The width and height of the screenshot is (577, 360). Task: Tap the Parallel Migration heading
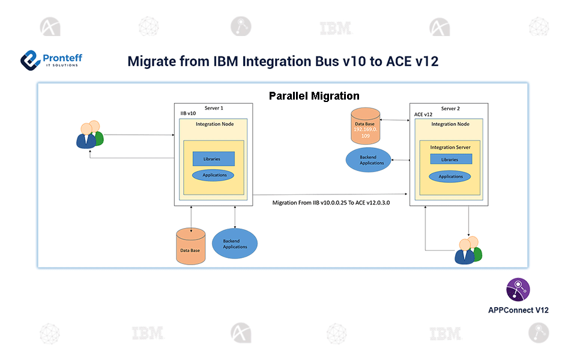tap(314, 96)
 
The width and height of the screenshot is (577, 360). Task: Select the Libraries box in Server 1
tap(213, 159)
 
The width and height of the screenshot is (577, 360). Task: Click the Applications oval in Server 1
tap(213, 175)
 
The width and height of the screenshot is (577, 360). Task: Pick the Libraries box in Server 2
tap(450, 160)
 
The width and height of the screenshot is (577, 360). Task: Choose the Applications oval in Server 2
tap(450, 176)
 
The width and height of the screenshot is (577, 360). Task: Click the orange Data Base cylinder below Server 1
tap(190, 246)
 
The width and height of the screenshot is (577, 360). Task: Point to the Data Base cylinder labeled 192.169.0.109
tap(365, 126)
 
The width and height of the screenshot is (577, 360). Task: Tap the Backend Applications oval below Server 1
tap(235, 244)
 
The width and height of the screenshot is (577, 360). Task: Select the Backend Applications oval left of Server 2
tap(368, 160)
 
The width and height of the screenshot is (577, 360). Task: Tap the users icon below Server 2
tap(468, 250)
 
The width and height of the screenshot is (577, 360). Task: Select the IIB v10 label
tap(189, 114)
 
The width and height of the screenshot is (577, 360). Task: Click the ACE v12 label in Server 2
tap(424, 114)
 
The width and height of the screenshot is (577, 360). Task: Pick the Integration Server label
tap(450, 147)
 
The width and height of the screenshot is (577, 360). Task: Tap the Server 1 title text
tap(214, 108)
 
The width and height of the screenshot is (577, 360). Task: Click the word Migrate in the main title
tap(151, 61)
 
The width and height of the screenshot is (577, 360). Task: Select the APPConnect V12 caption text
tap(518, 310)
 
